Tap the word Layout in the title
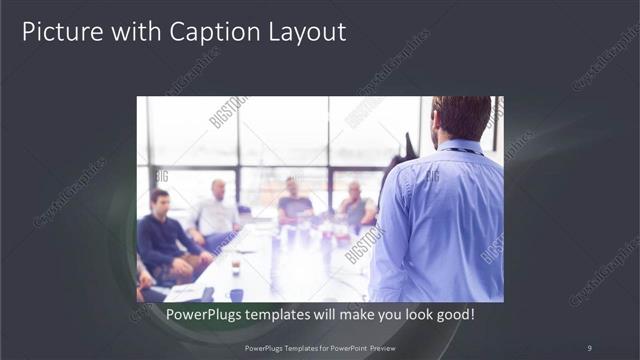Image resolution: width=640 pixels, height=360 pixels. coord(304,32)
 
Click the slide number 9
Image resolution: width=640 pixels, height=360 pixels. coord(589,347)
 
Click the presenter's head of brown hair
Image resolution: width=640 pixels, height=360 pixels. coord(462,116)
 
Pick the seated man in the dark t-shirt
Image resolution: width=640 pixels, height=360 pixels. coord(294,204)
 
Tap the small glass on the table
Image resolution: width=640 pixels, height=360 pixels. coord(235,265)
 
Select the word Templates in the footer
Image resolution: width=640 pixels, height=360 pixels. coord(287,347)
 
